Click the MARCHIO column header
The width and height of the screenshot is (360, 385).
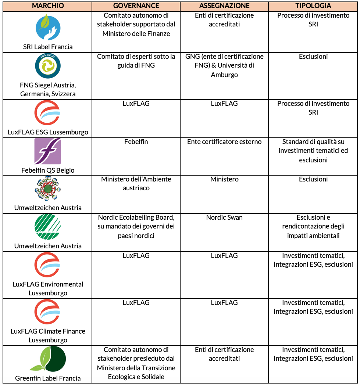click(48, 6)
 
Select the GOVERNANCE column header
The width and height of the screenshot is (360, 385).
click(136, 6)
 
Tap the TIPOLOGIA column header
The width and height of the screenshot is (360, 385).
click(313, 6)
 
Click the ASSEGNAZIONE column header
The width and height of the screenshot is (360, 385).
click(224, 6)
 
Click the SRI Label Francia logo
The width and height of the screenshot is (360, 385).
click(48, 27)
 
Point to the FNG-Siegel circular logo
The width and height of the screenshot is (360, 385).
click(48, 66)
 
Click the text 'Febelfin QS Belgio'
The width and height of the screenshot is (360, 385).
click(48, 170)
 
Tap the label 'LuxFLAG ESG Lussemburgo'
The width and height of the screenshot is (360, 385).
click(48, 132)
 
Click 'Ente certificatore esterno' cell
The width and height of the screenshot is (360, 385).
click(224, 142)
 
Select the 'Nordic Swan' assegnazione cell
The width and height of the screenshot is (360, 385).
click(224, 217)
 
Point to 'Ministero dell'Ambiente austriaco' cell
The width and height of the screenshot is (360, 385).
click(136, 184)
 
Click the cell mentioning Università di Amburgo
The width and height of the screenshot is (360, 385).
click(224, 66)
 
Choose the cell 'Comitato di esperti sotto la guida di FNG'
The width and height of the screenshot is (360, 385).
click(136, 61)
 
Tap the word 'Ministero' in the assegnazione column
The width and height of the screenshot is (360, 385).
click(224, 179)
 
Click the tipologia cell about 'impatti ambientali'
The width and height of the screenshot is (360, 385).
click(313, 227)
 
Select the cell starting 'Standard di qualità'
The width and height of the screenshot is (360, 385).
click(313, 151)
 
